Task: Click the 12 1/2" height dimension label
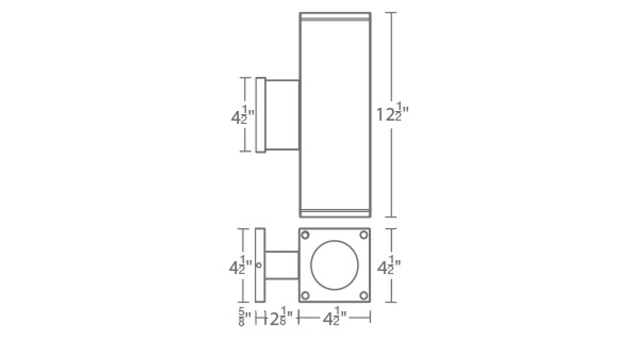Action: coord(392,115)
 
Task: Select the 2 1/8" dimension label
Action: coord(281,318)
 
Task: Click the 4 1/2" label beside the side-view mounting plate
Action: coord(243,117)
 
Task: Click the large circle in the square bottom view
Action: coord(334,265)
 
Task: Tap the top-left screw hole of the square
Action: coord(305,235)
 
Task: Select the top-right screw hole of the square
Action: coord(364,235)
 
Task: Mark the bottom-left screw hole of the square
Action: coord(305,296)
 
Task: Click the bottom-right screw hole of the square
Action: coord(364,296)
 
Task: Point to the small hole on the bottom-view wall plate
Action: coord(259,265)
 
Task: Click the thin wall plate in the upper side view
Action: coord(260,114)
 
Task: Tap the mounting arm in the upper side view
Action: coord(282,114)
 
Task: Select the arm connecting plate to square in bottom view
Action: coord(282,265)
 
